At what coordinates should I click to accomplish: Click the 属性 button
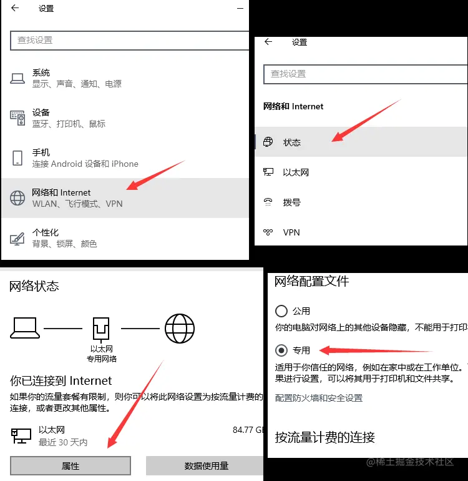(71, 465)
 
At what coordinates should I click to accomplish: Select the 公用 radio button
(281, 311)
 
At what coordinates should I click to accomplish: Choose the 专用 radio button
(281, 350)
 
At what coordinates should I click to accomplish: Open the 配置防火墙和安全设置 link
(319, 398)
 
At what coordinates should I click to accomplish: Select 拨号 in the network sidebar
(292, 202)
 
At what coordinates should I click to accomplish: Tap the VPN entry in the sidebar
(291, 232)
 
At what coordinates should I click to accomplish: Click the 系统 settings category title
(41, 72)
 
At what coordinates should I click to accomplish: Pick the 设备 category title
(41, 112)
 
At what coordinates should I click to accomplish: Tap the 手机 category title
(41, 152)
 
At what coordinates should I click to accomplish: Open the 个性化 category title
(46, 232)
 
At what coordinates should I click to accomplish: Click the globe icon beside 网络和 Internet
(17, 198)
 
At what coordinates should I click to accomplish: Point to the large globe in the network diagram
(180, 328)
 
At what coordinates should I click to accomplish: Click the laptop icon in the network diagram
(25, 328)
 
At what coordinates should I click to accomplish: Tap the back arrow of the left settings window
(15, 8)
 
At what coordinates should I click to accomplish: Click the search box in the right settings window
(365, 74)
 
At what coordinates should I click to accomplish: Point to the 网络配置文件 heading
(312, 281)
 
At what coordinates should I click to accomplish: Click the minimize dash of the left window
(240, 9)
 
